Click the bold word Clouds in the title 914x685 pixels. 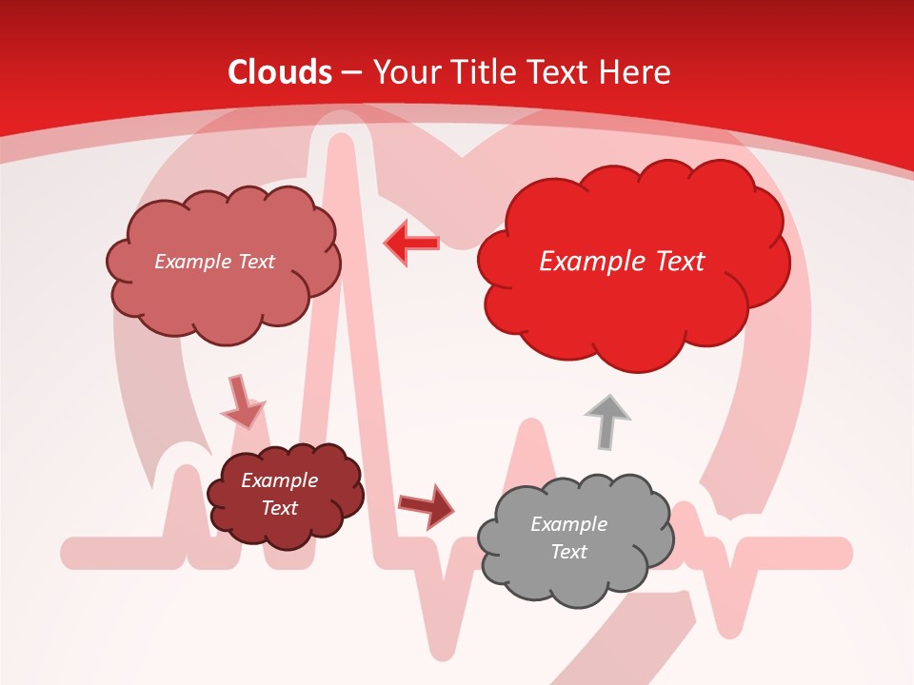[x=280, y=72]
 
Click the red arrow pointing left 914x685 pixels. [x=411, y=243]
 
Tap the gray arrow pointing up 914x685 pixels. [x=606, y=420]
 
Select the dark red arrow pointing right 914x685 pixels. [x=426, y=505]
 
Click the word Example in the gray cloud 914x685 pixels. [x=568, y=524]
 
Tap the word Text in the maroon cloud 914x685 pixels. [x=279, y=508]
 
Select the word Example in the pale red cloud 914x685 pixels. [x=190, y=262]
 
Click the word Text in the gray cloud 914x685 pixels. [x=568, y=552]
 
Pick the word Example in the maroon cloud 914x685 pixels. [x=279, y=480]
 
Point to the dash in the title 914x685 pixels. [x=351, y=72]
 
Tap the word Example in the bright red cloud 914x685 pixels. [x=586, y=262]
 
